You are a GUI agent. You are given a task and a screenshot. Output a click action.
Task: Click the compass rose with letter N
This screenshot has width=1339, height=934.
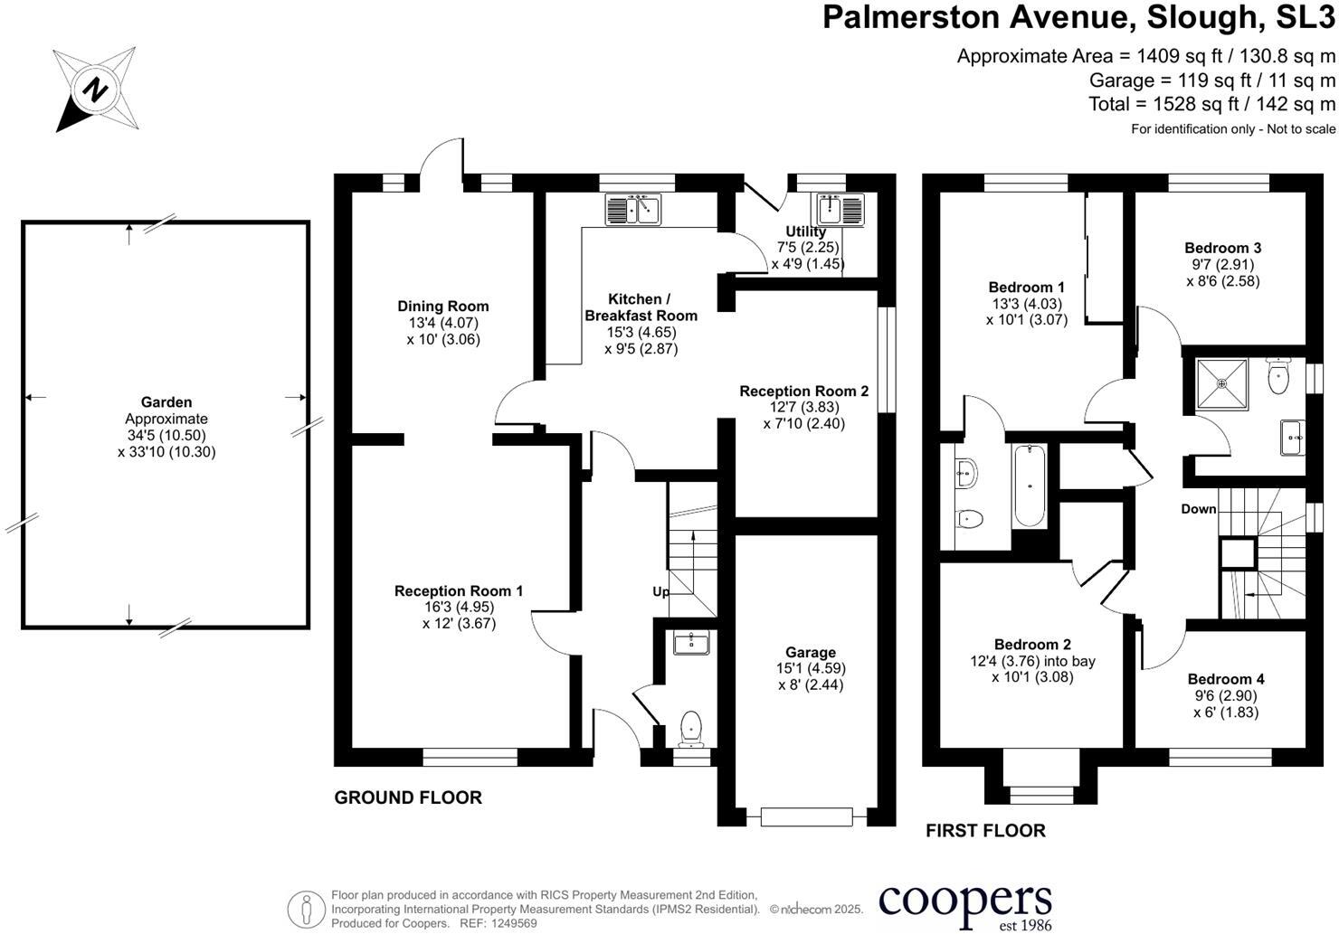[x=96, y=90]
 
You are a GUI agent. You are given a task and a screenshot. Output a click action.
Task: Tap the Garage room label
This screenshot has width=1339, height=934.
[x=810, y=652]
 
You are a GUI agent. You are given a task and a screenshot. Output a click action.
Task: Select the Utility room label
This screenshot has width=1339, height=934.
[x=805, y=231]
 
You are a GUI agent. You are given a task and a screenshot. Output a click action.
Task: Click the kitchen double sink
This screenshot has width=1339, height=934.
[x=633, y=210]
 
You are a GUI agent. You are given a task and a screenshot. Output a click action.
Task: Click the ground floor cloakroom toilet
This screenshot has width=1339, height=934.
[x=690, y=728]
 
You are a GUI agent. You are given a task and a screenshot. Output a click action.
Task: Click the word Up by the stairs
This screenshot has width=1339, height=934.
[x=661, y=591]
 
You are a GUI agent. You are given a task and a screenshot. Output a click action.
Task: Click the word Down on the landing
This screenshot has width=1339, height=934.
[x=1198, y=509]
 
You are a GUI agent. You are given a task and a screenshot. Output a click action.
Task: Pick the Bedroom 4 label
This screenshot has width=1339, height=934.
[x=1226, y=679]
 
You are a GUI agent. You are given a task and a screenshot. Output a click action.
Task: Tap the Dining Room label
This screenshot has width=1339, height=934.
[x=442, y=307]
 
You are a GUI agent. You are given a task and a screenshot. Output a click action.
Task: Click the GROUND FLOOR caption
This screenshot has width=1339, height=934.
[x=408, y=797]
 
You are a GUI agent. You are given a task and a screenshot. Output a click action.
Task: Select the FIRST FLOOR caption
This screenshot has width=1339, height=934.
[x=985, y=830]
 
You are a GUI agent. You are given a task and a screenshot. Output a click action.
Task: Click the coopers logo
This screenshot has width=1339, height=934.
[x=964, y=903]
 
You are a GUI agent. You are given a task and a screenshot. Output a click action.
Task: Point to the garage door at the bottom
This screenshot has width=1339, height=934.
[x=807, y=816]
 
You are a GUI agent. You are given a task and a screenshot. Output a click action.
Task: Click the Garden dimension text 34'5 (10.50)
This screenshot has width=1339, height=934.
[x=166, y=435]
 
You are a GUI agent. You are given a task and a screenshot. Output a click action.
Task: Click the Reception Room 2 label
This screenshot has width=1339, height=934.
[x=803, y=392]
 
